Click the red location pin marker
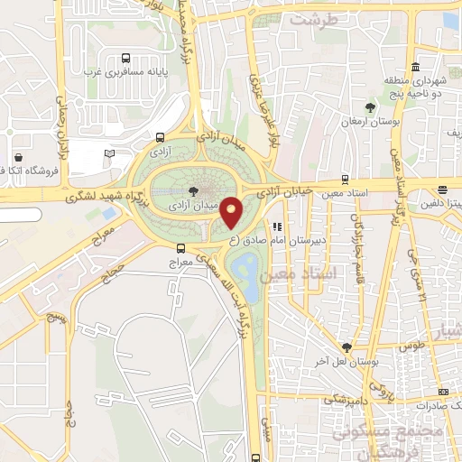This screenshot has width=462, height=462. [232, 212]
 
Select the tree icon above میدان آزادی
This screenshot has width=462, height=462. [194, 190]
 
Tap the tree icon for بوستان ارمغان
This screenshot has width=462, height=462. [368, 105]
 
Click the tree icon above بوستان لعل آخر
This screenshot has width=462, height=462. [347, 346]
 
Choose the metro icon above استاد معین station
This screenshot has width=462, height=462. [344, 179]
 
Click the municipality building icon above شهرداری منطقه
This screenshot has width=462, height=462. [415, 68]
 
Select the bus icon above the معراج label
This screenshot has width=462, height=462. [181, 247]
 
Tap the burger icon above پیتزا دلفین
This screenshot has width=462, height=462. [442, 189]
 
